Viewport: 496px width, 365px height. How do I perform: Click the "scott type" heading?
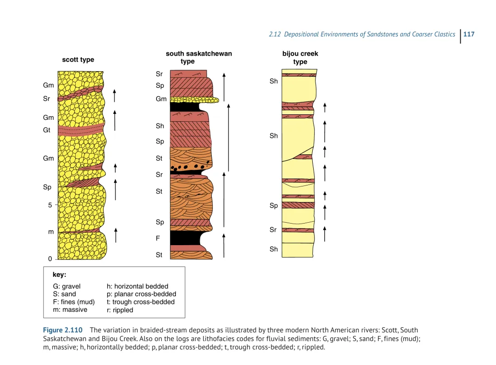tap(78, 60)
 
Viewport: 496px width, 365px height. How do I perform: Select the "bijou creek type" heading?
tap(300, 58)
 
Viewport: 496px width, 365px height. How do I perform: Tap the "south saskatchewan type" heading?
tap(198, 57)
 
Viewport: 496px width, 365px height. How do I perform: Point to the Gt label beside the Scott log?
tap(47, 130)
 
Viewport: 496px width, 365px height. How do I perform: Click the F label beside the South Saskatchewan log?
tap(158, 239)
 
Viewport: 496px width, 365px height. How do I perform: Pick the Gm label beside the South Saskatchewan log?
tap(161, 99)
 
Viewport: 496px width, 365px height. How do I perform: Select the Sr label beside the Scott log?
tap(46, 98)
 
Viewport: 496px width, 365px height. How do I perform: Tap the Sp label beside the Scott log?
tap(47, 187)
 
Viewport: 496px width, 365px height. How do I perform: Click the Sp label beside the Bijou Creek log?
tap(274, 206)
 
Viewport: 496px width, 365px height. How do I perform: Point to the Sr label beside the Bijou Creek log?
tap(273, 230)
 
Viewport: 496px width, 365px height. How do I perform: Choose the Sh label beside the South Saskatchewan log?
tap(160, 126)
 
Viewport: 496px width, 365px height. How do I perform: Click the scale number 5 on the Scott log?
tap(50, 205)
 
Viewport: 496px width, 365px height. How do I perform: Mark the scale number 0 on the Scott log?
tap(50, 259)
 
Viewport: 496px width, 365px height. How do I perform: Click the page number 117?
tap(469, 34)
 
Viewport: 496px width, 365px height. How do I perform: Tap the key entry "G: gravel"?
tap(67, 286)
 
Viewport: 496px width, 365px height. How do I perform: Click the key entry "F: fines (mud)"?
tap(73, 302)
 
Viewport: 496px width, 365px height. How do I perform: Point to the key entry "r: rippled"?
tap(120, 310)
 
